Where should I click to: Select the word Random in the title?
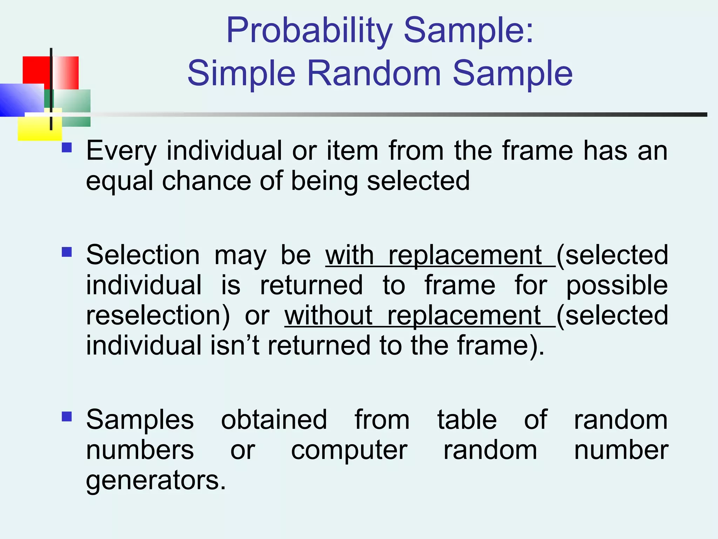[374, 74]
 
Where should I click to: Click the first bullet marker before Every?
[67, 147]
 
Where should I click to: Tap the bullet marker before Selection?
[67, 252]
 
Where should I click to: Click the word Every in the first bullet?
[121, 151]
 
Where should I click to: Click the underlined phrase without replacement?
[419, 315]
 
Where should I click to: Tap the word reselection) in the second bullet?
[158, 315]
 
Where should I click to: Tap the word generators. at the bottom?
[156, 481]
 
